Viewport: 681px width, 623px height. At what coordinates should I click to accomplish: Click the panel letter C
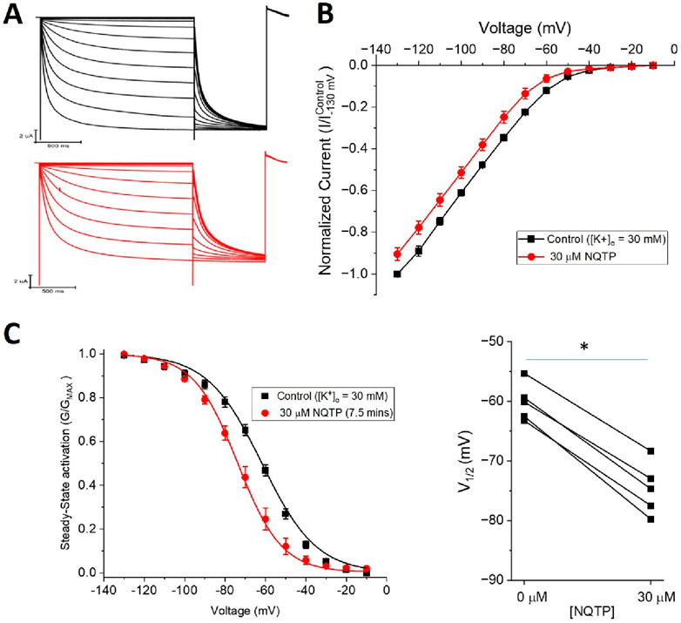tap(15, 335)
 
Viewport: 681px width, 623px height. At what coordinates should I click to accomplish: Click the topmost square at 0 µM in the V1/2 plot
tap(524, 374)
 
